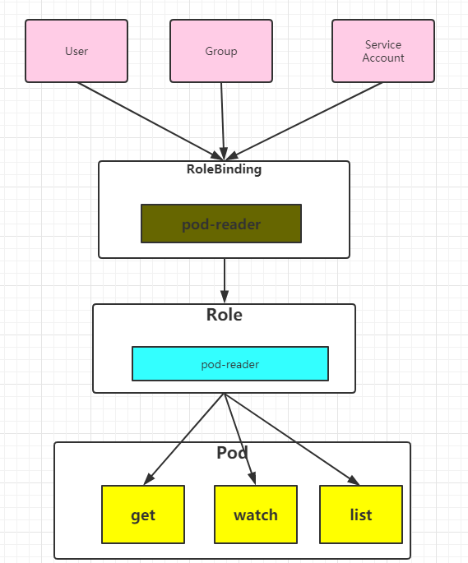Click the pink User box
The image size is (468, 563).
click(x=76, y=51)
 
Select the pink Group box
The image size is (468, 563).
click(x=221, y=51)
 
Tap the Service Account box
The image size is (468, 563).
click(x=383, y=51)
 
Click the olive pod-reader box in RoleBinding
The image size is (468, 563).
click(x=221, y=224)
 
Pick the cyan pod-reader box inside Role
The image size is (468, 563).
click(x=230, y=363)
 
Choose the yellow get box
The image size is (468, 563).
click(x=143, y=515)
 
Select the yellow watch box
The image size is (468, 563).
click(x=256, y=515)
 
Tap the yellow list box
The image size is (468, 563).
click(x=361, y=515)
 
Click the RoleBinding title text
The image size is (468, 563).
click(x=224, y=169)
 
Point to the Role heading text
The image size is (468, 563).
click(x=224, y=314)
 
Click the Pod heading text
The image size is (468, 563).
click(x=232, y=452)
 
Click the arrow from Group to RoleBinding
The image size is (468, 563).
click(x=222, y=120)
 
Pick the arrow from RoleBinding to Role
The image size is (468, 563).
click(x=224, y=279)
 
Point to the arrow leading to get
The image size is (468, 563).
click(x=185, y=438)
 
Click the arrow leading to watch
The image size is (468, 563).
click(x=239, y=438)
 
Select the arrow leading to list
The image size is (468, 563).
click(x=291, y=438)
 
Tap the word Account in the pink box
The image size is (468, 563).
click(x=383, y=58)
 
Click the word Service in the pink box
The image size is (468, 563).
click(x=383, y=44)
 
